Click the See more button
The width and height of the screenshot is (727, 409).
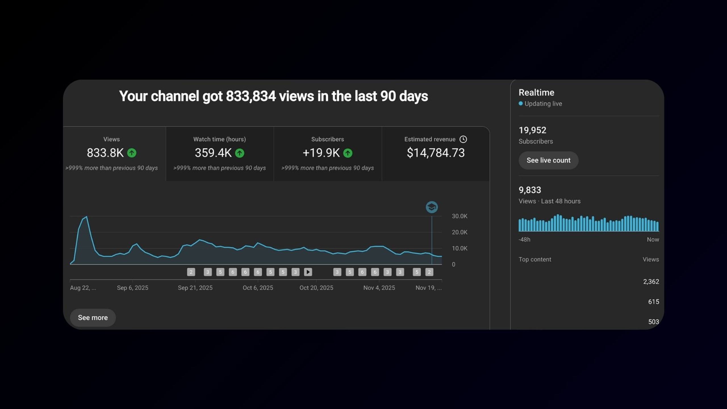pos(93,318)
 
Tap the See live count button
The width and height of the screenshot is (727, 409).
pos(548,160)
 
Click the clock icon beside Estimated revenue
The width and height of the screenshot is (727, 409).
pos(463,139)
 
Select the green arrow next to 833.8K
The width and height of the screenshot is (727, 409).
pos(131,153)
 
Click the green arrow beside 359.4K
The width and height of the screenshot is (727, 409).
pos(240,153)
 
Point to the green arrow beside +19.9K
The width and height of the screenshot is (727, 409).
pos(348,153)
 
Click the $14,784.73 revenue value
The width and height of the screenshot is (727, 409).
pos(436,153)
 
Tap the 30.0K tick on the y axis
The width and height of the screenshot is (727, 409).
pos(459,216)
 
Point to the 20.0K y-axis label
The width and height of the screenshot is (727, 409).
pos(459,232)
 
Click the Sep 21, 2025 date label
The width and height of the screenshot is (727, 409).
pos(195,288)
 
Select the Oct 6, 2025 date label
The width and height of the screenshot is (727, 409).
pos(258,288)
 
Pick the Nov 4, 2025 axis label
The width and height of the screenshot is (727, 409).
pos(379,288)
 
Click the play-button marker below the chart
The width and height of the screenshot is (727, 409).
pos(308,272)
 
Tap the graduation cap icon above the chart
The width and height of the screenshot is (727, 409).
pos(432,207)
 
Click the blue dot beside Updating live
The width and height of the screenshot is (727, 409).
pos(521,103)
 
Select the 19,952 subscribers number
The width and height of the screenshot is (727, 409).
pos(532,130)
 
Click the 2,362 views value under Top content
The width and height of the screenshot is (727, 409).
pos(651,281)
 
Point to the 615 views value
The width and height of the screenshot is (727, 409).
pos(653,302)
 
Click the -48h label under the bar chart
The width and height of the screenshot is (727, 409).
pos(524,239)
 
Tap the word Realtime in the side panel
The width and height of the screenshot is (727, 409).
pos(536,92)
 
